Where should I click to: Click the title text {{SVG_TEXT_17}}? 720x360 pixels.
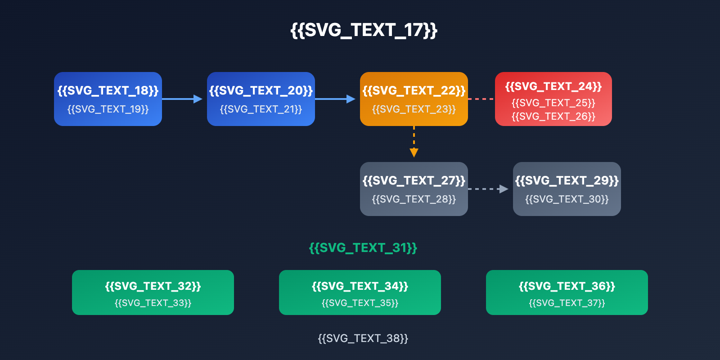click(x=364, y=30)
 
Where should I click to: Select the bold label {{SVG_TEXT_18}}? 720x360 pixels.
click(x=108, y=90)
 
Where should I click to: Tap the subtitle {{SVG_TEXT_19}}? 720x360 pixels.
click(x=108, y=109)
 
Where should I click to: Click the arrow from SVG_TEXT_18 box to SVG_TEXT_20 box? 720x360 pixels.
click(x=182, y=99)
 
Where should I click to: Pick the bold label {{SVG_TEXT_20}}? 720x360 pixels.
click(x=261, y=90)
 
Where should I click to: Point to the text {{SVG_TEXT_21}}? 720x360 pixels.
click(x=261, y=109)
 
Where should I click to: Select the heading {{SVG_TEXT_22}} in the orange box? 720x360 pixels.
click(x=414, y=90)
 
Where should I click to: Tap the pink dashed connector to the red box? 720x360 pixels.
click(x=481, y=99)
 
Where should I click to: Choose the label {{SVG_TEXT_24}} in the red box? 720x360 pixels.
click(x=553, y=86)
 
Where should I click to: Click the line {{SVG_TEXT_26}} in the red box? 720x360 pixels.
click(x=553, y=117)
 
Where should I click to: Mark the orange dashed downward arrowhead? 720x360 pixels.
click(x=414, y=153)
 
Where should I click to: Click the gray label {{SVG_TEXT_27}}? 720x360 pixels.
click(x=414, y=180)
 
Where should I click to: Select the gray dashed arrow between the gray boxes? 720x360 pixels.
click(x=488, y=189)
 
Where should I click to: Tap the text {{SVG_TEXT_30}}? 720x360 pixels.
click(x=567, y=199)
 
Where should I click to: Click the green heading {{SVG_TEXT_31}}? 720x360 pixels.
click(x=363, y=248)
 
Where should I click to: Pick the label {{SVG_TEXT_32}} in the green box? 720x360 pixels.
click(x=153, y=286)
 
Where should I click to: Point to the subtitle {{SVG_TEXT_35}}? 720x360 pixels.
click(x=360, y=303)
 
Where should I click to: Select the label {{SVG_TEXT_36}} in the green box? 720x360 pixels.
click(x=567, y=286)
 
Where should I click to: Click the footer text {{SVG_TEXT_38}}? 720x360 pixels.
click(x=363, y=338)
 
